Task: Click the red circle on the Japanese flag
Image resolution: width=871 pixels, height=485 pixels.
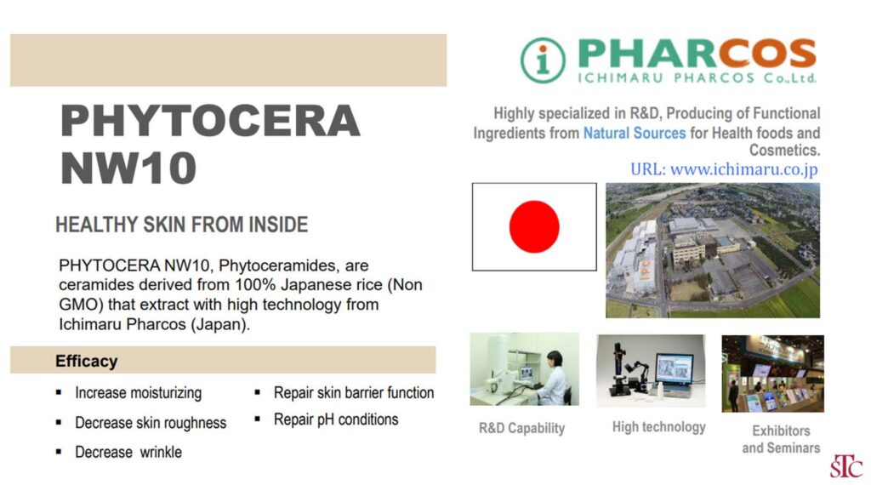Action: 534,226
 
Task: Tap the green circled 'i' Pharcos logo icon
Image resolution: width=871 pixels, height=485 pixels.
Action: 543,60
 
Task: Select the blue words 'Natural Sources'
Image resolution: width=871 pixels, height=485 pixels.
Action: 635,134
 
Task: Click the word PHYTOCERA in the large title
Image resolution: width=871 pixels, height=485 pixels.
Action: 210,121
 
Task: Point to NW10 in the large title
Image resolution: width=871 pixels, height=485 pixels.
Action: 128,168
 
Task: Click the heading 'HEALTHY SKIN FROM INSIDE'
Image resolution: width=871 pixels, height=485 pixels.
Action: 182,225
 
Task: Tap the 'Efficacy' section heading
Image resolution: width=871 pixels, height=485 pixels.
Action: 86,361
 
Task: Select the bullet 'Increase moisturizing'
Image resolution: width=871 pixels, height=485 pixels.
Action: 139,393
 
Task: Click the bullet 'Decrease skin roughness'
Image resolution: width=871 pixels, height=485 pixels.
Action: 151,423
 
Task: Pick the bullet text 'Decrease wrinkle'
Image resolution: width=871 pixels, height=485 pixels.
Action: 128,452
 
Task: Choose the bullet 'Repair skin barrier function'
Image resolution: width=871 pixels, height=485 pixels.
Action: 354,393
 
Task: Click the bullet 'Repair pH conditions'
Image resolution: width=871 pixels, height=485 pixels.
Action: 336,419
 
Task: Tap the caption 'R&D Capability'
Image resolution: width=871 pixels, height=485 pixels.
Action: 521,428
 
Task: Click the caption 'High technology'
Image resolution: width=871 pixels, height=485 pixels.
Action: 659,427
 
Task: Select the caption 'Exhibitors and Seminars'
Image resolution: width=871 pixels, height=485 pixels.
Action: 781,439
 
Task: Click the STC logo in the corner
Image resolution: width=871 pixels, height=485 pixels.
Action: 846,466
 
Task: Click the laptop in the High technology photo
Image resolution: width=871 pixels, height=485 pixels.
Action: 674,374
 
